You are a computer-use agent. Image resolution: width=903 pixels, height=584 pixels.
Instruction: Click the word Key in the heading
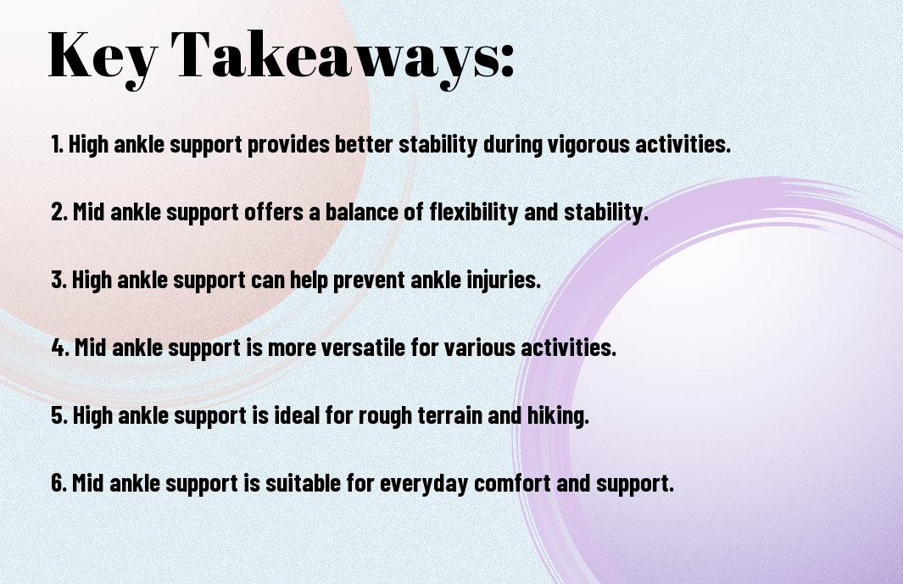pos(103,56)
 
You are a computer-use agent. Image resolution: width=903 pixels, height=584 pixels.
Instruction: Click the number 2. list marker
pos(59,212)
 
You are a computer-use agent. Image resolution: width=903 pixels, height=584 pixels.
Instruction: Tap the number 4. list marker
pos(60,348)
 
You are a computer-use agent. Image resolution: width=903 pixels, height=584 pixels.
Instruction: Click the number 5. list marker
pos(59,415)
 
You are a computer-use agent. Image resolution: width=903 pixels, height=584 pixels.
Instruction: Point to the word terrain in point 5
pos(449,415)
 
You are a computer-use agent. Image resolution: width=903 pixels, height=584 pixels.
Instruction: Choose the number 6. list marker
pos(59,483)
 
